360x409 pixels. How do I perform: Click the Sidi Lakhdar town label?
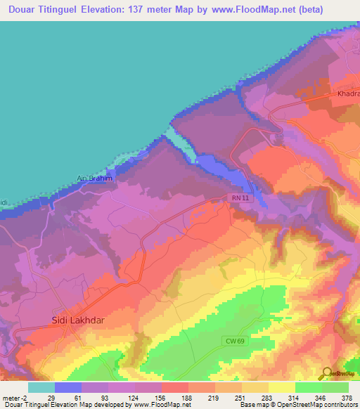pos(78,320)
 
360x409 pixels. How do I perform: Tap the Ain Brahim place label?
pos(95,178)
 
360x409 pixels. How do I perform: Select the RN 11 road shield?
pos(240,199)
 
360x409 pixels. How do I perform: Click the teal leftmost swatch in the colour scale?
pos(41,387)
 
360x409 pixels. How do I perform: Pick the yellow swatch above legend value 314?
pos(281,387)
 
